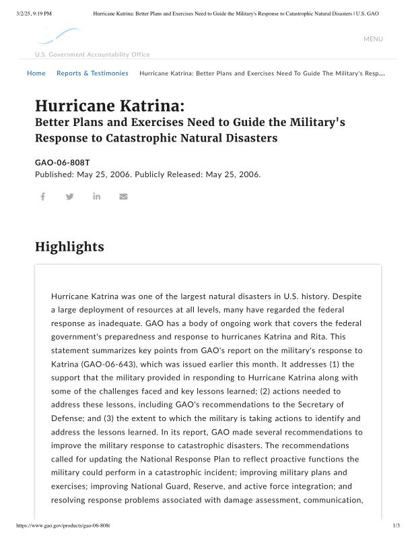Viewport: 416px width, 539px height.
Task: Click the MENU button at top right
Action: click(x=373, y=39)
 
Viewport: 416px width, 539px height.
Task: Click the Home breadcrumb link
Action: click(x=36, y=73)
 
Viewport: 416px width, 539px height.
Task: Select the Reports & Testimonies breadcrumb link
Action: click(x=92, y=73)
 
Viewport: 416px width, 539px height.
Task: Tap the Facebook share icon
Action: click(x=42, y=197)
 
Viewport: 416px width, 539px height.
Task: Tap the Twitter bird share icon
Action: click(x=70, y=197)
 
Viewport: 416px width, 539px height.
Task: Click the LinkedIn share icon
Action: click(x=97, y=197)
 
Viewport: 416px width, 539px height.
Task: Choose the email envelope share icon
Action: click(x=123, y=197)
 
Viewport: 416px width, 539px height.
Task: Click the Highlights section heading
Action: click(x=69, y=247)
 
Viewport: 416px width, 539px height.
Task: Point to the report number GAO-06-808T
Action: click(x=62, y=163)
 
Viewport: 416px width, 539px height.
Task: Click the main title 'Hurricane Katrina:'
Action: click(x=109, y=106)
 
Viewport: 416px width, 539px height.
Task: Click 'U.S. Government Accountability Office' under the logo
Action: click(x=92, y=55)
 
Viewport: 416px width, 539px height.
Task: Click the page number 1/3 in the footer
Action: click(x=396, y=525)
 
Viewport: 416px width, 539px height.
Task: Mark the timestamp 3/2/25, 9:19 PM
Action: click(x=33, y=13)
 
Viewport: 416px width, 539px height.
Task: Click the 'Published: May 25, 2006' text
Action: click(x=83, y=175)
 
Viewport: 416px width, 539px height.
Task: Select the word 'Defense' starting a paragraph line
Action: click(x=67, y=418)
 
